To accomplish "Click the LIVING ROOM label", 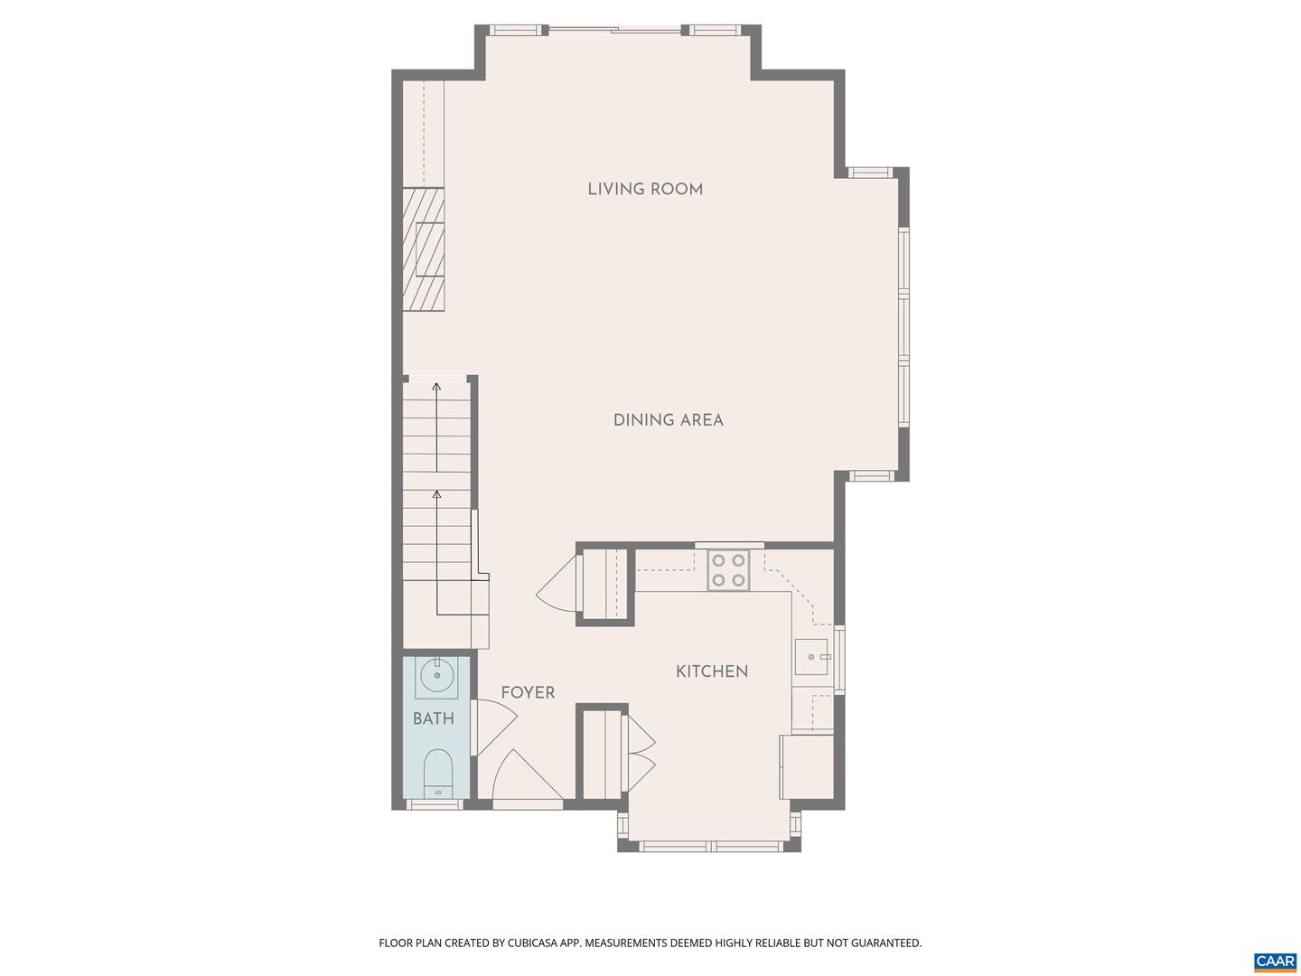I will [645, 189].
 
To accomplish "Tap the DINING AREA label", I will [668, 420].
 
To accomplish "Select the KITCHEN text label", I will [712, 671].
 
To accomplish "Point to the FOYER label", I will [528, 693].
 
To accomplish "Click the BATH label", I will [434, 719].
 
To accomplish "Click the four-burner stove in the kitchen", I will [728, 570].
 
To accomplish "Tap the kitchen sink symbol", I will [810, 657].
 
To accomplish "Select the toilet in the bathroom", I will [438, 774].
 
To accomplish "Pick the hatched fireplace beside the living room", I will [424, 249].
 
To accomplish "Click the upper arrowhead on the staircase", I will [436, 387].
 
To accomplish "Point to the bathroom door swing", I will [495, 727].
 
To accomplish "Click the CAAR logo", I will [1275, 961].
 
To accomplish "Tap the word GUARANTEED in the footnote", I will [883, 943].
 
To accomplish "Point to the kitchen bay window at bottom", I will [709, 847].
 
